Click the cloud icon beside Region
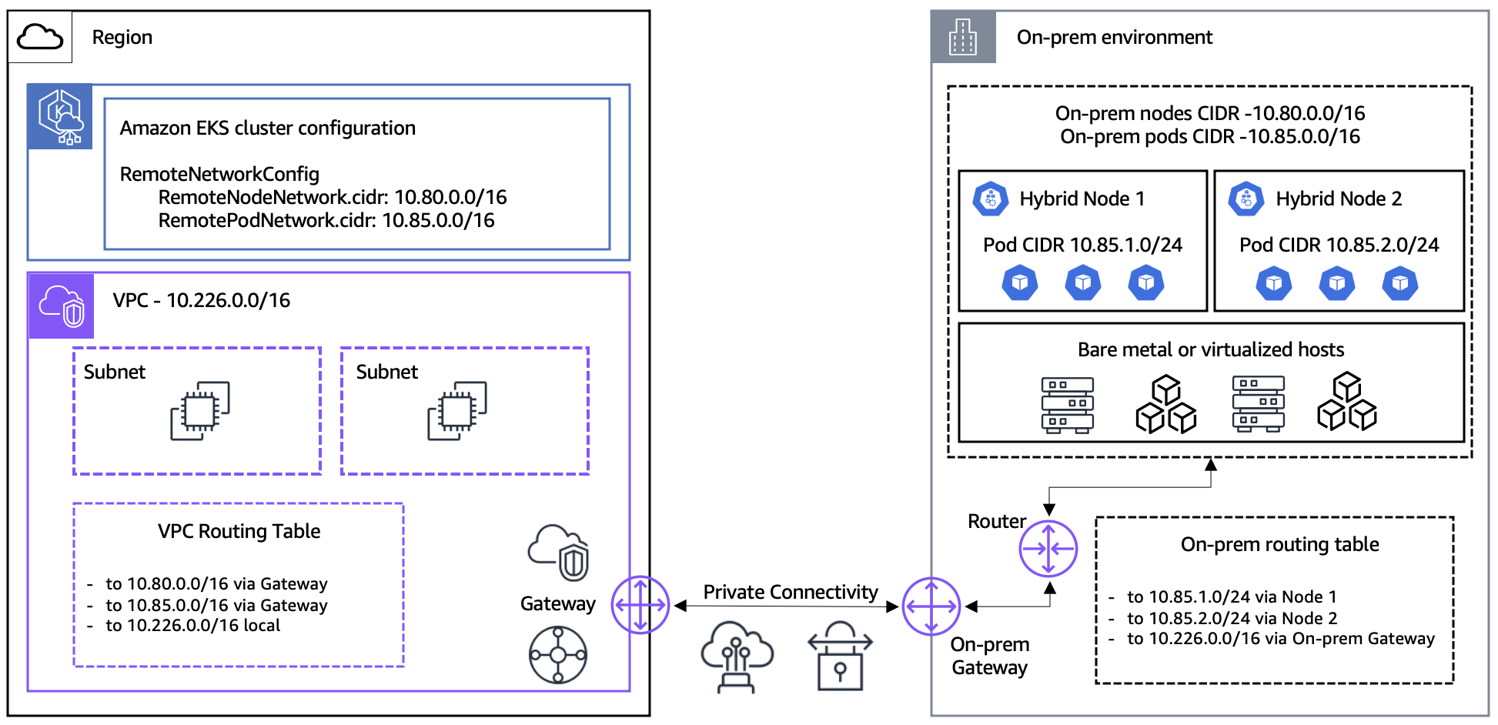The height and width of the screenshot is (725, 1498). [40, 37]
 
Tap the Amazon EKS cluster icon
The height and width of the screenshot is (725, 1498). [61, 117]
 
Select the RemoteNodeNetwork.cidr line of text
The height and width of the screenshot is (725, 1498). [332, 198]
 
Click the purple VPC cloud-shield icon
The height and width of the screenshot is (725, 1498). [62, 306]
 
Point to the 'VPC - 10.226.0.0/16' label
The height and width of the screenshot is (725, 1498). [202, 300]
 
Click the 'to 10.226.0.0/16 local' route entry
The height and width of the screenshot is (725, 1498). [192, 626]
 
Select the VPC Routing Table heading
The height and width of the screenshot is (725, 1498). [239, 531]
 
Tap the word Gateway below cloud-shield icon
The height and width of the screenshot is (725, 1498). [557, 603]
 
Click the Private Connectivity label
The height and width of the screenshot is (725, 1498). [790, 592]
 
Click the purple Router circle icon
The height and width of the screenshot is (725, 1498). [1048, 549]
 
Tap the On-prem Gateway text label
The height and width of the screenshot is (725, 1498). [989, 656]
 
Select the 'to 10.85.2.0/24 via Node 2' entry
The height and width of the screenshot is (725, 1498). [1232, 618]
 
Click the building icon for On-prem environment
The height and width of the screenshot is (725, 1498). [963, 37]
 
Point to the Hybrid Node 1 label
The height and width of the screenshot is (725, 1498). [1082, 199]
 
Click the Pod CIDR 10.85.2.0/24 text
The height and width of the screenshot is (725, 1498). [1339, 245]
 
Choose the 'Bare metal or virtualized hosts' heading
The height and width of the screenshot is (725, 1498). [1210, 349]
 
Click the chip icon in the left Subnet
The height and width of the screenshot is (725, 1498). [200, 411]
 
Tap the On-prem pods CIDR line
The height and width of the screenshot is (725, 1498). [1209, 137]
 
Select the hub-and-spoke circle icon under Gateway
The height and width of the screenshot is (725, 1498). [558, 655]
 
